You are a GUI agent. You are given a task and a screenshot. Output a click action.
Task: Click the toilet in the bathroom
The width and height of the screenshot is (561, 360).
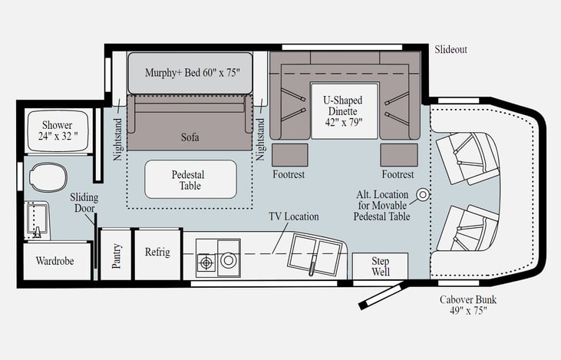click(x=48, y=177)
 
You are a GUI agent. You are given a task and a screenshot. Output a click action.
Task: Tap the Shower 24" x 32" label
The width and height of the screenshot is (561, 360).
click(x=58, y=130)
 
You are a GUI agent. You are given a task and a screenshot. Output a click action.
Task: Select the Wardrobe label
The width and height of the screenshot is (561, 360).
click(x=54, y=261)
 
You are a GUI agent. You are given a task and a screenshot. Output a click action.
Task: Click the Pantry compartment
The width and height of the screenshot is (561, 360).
click(x=116, y=255)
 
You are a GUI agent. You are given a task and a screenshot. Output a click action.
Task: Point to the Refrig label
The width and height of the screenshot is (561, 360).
click(x=157, y=252)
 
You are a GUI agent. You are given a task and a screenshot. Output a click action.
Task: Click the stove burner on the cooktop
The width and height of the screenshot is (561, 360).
click(x=206, y=263)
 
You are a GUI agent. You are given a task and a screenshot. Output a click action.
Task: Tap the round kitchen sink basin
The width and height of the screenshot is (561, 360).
click(x=228, y=260)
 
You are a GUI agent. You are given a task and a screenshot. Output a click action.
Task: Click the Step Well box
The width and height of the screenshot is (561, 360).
click(x=381, y=266)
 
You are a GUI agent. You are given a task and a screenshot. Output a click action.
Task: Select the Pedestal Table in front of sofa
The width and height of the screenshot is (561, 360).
click(x=190, y=180)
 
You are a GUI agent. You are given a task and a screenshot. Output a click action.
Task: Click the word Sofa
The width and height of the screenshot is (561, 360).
click(x=190, y=137)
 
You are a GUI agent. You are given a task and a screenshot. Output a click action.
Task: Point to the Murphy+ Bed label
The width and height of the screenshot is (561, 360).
click(x=192, y=73)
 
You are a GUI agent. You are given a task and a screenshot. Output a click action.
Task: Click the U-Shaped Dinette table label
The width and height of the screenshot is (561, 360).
click(x=344, y=111)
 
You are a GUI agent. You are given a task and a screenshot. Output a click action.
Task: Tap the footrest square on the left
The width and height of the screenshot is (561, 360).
click(x=290, y=155)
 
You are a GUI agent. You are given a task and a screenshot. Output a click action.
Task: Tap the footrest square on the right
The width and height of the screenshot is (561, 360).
click(x=399, y=155)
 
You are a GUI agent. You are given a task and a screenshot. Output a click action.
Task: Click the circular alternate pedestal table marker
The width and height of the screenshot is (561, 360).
click(x=423, y=195)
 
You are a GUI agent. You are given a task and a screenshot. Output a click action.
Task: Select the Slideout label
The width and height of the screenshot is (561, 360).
click(x=450, y=49)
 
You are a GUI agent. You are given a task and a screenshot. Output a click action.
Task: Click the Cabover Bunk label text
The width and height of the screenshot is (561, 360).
click(x=468, y=305)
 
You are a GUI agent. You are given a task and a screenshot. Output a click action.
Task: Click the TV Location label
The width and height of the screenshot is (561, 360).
click(x=294, y=216)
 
